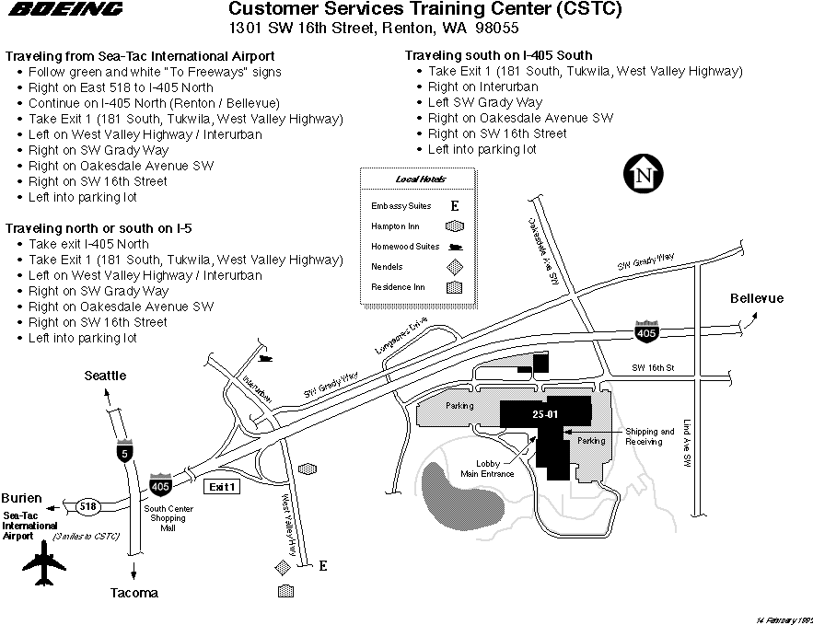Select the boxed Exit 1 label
click(x=224, y=486)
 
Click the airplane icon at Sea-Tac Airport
click(x=42, y=563)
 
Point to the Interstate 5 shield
click(x=124, y=451)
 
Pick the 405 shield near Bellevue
click(x=646, y=331)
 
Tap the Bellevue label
click(x=757, y=298)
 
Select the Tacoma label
click(x=134, y=593)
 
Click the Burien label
click(x=21, y=497)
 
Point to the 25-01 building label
click(x=545, y=414)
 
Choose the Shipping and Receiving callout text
click(x=650, y=436)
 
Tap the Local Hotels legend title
click(x=420, y=179)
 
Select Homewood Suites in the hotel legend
click(x=405, y=247)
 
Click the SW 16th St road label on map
click(x=654, y=368)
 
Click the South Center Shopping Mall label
click(x=167, y=517)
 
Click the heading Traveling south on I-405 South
click(x=498, y=55)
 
